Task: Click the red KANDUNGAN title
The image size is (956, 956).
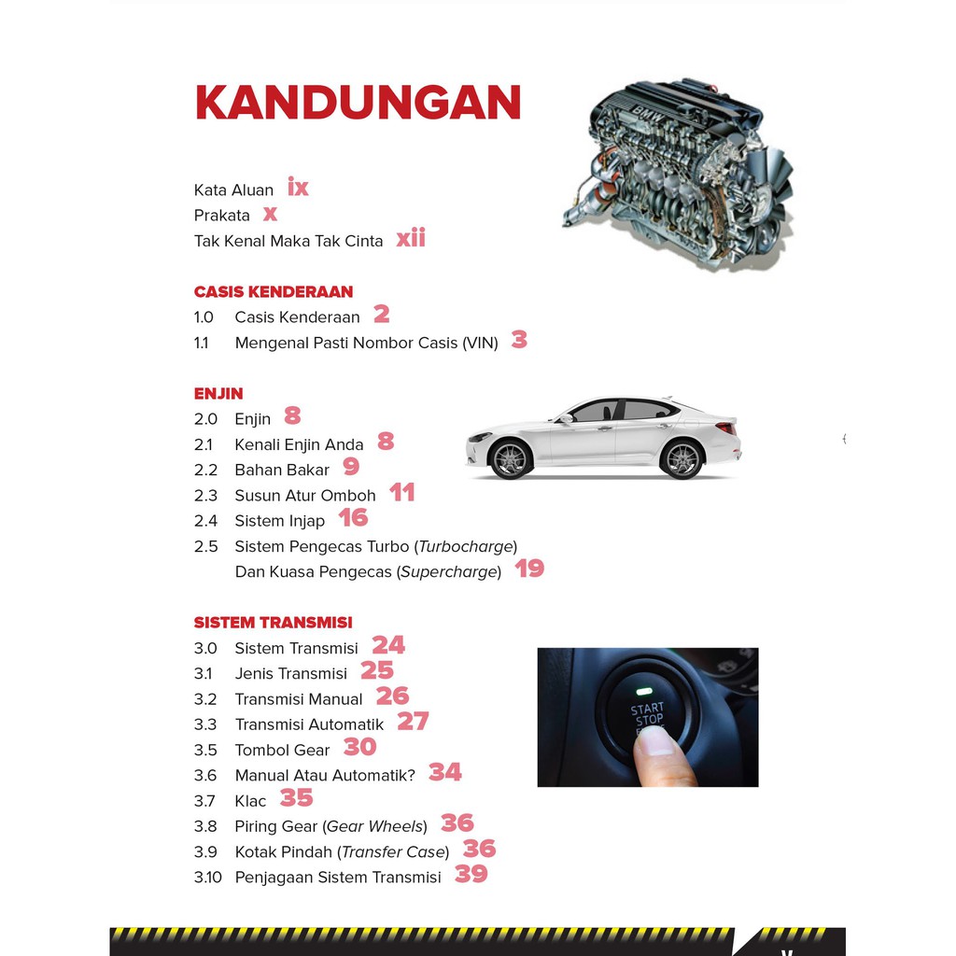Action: (x=358, y=103)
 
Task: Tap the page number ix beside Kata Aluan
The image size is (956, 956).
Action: (x=298, y=188)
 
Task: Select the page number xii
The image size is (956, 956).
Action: (x=411, y=238)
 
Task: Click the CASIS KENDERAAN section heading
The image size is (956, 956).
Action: (x=274, y=291)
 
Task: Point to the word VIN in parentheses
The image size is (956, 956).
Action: (x=480, y=343)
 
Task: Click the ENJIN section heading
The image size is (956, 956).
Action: (x=218, y=393)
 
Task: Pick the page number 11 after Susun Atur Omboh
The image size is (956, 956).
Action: (x=402, y=493)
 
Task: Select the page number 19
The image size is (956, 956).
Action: (x=529, y=569)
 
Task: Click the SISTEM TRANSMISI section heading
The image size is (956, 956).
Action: (x=273, y=622)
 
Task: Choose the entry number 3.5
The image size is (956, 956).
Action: (x=205, y=750)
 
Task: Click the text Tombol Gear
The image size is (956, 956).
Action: (x=282, y=750)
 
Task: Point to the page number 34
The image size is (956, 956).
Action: (x=445, y=772)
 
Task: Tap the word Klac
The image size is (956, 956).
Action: (x=250, y=801)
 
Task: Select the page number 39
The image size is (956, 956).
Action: (x=471, y=874)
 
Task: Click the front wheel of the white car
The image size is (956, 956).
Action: (x=511, y=458)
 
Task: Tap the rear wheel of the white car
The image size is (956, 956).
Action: (x=682, y=458)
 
